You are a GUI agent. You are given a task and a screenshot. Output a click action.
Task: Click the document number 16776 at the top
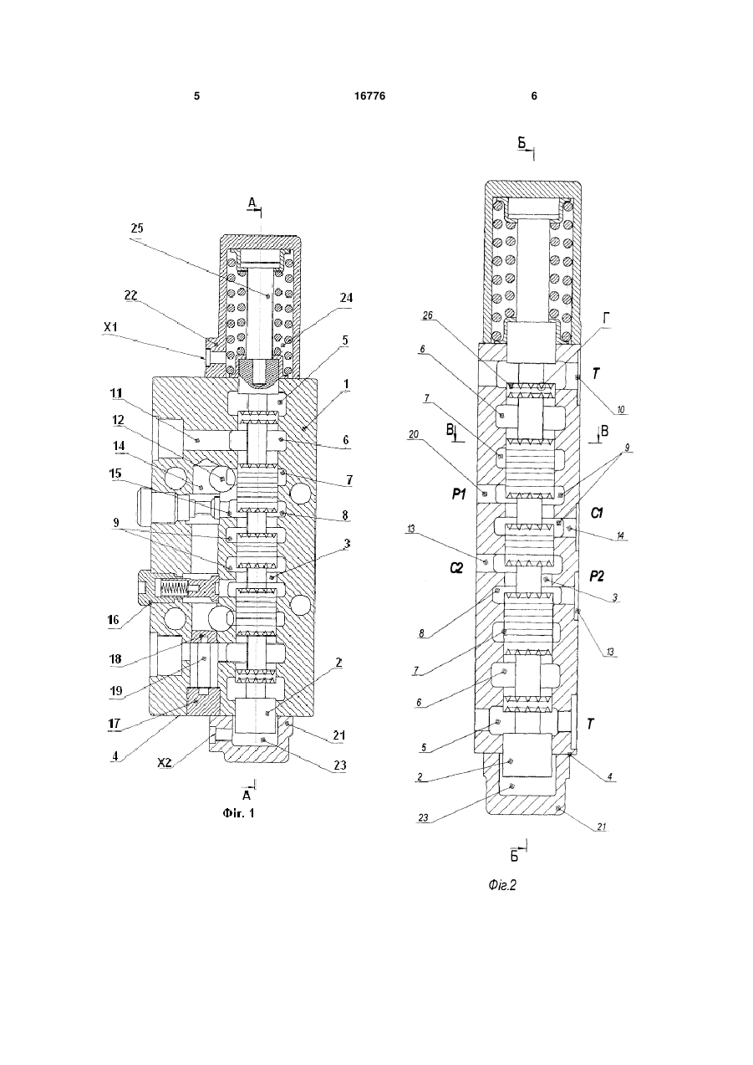[369, 96]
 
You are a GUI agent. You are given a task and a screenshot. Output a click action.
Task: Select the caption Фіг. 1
[238, 813]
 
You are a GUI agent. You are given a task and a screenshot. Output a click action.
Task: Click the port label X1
[110, 327]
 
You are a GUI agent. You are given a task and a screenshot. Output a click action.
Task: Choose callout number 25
[137, 228]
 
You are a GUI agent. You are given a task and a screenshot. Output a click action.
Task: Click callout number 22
[130, 295]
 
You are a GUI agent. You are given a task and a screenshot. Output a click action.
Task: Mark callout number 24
[346, 298]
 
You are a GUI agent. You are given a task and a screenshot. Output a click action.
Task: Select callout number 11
[116, 393]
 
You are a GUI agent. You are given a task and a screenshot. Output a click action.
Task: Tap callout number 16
[114, 620]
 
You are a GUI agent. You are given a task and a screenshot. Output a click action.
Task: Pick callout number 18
[116, 659]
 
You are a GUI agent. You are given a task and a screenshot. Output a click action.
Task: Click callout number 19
[116, 691]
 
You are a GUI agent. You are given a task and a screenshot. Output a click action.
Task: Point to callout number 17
[114, 723]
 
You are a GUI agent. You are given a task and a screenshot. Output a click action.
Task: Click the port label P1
[459, 495]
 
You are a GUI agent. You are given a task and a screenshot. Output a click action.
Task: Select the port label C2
[456, 567]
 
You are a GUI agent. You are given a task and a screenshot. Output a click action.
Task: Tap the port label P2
[597, 576]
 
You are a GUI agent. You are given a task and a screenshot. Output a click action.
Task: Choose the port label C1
[597, 513]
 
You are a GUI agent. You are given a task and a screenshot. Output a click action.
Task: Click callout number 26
[428, 315]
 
